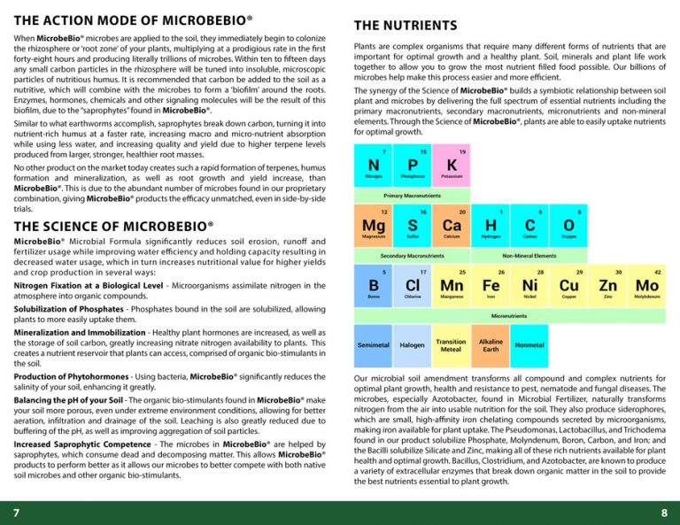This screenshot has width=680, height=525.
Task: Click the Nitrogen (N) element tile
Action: pos(373,166)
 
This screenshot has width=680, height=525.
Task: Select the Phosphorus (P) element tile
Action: pos(412,166)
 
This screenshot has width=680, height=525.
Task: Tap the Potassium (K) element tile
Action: pos(452,166)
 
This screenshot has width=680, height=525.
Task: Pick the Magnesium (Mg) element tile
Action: pos(373,227)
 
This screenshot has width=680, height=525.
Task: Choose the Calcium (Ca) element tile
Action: pos(452,227)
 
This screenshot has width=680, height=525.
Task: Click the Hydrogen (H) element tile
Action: pos(490,227)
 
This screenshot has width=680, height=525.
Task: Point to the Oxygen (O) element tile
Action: pos(568,227)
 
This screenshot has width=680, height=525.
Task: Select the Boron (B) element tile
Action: pos(373,286)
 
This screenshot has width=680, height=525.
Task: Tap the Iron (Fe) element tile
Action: pos(490,286)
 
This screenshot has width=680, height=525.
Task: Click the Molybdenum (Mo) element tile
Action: pos(646,286)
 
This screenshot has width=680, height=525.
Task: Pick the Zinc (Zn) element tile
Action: pos(607,286)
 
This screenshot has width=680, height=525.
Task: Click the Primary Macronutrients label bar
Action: pos(412,195)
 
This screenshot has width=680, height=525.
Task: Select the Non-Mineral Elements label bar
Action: pos(529,255)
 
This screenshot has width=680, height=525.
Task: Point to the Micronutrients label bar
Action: pos(509,315)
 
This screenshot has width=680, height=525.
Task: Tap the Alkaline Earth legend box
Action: pos(491,345)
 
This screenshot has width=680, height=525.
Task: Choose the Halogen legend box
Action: pos(412,345)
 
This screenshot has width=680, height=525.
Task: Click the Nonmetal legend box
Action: pos(529,345)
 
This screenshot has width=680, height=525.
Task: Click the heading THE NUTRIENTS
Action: pos(405,26)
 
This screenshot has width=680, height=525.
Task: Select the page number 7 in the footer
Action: pos(16,513)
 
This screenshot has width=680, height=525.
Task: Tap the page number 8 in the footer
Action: pos(663,513)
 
